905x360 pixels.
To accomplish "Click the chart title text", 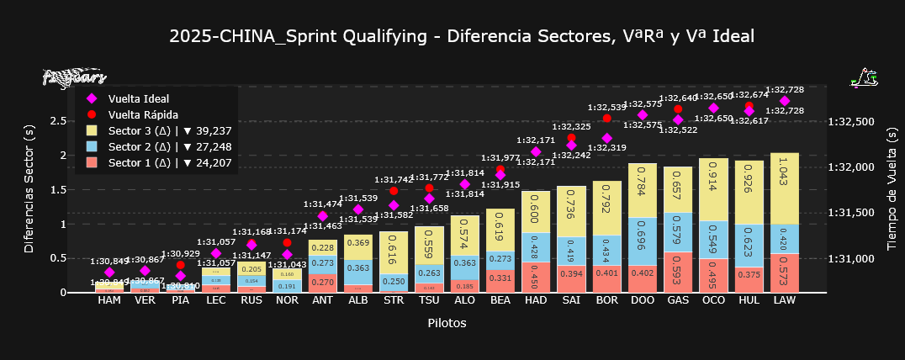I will (462, 36).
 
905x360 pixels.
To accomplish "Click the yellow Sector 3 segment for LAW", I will (784, 189).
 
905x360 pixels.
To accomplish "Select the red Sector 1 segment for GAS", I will (678, 272).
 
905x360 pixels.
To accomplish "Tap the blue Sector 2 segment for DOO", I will (643, 241).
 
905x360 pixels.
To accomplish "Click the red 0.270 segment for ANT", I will (323, 283).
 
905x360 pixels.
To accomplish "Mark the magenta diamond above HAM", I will (109, 273).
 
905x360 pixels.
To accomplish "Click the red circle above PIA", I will (180, 265).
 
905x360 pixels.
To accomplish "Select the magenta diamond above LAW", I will (784, 101).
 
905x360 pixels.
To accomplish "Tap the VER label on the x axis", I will (145, 300).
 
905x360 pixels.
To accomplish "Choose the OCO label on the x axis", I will (713, 300).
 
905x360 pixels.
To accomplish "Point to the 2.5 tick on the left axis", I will (58, 121).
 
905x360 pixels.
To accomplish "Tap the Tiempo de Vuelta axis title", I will (892, 188).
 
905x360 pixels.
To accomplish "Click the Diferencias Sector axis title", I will (30, 188).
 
